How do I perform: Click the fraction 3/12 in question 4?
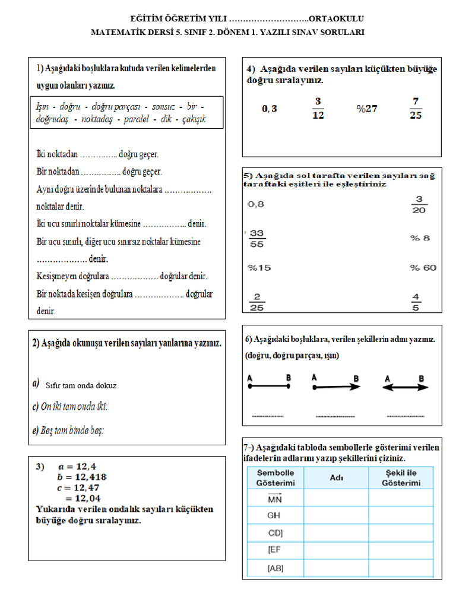[318, 108]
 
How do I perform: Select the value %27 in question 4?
[367, 109]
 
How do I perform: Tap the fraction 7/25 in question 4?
[416, 108]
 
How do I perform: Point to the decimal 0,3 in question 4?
[270, 109]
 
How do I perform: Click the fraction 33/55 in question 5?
[257, 238]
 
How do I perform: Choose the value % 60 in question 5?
[423, 268]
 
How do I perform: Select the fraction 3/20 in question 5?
[419, 204]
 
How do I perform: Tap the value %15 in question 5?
[259, 268]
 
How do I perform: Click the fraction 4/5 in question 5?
[416, 302]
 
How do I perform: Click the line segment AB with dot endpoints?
[268, 386]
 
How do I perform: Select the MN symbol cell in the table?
[275, 498]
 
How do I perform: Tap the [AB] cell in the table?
[275, 568]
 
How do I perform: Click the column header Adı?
[336, 477]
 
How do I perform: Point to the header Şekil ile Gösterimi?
[401, 478]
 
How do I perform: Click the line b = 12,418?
[82, 477]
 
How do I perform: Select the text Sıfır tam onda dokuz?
[81, 385]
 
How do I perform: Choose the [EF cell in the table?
[274, 550]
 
